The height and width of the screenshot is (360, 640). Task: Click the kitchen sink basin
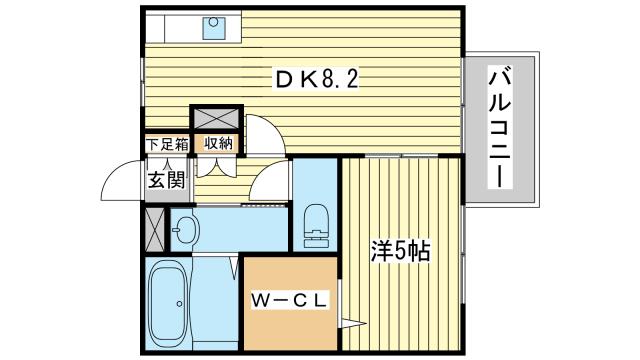[214, 29]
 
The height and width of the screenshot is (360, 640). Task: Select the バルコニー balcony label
[501, 126]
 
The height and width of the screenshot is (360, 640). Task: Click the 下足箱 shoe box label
[166, 143]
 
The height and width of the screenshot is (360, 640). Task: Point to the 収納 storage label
[218, 143]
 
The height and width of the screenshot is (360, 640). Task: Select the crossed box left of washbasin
[155, 229]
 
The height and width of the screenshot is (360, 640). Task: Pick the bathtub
[168, 306]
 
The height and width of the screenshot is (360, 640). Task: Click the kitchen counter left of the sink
[171, 29]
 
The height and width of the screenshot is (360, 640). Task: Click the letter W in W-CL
[260, 300]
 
